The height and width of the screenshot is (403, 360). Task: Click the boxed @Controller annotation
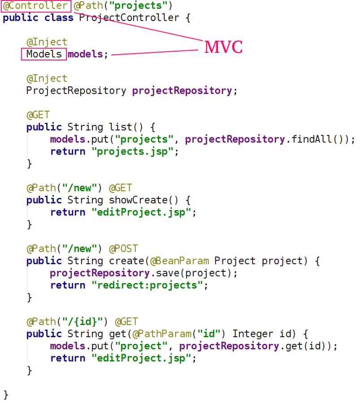(35, 6)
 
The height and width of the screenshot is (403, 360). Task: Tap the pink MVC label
(223, 47)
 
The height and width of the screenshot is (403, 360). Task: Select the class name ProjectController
(129, 18)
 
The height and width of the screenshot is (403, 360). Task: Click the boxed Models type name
(44, 54)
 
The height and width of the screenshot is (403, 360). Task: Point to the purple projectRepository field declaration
(182, 90)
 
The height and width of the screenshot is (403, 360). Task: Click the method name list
(121, 127)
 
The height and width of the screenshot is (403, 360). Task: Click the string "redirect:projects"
(147, 285)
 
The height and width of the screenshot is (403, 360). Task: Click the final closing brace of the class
(6, 394)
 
